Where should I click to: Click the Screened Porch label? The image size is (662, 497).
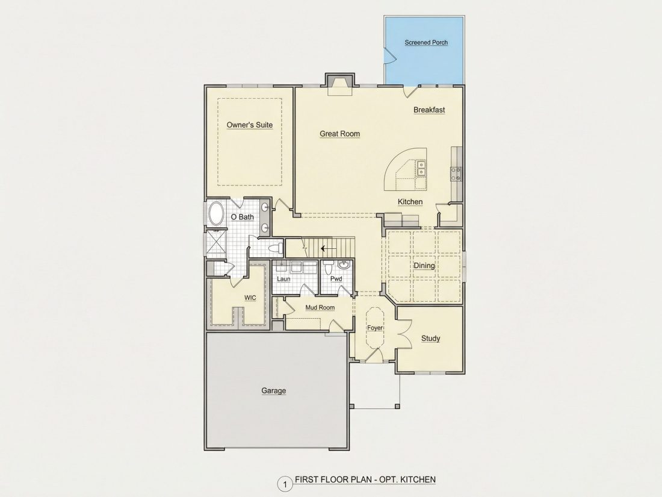426,42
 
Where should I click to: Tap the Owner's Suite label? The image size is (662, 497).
250,125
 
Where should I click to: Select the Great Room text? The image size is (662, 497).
340,134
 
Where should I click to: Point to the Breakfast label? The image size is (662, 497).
429,110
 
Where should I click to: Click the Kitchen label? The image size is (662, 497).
410,202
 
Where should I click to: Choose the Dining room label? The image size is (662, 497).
424,266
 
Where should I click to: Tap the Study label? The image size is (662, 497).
431,338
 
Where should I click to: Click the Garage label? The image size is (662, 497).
274,390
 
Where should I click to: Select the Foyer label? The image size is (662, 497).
375,328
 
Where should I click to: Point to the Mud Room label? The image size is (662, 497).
320,308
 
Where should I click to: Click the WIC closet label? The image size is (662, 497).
250,298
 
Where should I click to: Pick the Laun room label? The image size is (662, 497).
283,279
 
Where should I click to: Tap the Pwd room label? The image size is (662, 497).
336,279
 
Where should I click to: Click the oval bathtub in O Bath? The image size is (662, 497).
217,214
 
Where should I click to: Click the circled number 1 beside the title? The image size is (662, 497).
285,484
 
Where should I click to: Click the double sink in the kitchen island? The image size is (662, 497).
421,168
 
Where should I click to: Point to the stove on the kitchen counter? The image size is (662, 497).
456,174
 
